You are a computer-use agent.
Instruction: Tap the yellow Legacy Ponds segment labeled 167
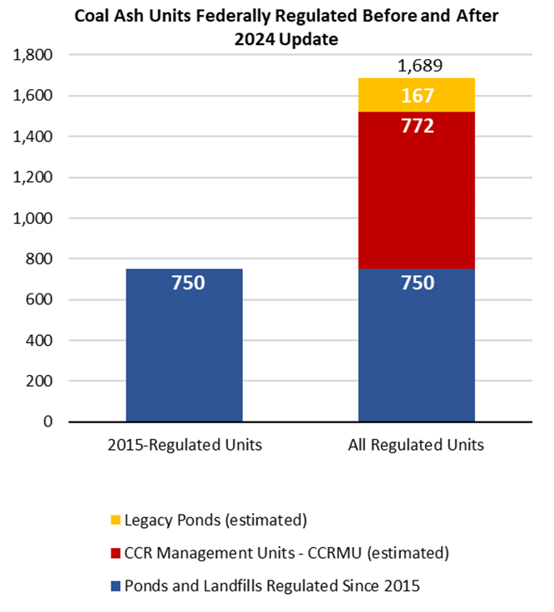(x=417, y=96)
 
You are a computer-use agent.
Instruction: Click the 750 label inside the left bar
(x=185, y=283)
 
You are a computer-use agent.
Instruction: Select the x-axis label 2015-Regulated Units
(x=185, y=444)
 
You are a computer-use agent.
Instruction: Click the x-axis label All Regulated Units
(x=417, y=444)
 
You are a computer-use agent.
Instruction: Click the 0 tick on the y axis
(x=47, y=422)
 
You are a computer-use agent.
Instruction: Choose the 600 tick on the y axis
(x=38, y=299)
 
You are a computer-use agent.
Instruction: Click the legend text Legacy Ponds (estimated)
(x=216, y=521)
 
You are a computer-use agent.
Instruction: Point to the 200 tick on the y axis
(x=38, y=381)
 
